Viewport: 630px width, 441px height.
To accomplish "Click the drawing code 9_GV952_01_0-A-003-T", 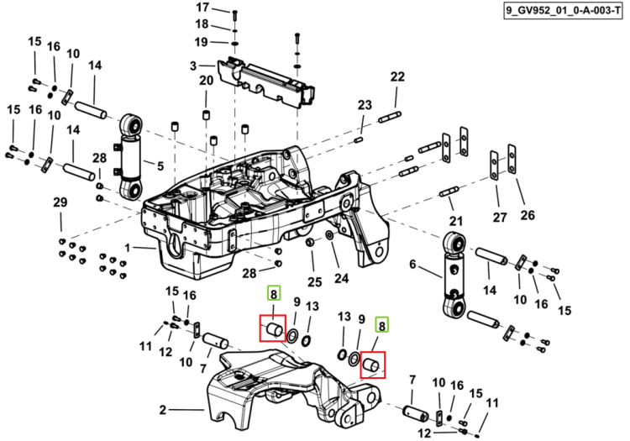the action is click(563, 11).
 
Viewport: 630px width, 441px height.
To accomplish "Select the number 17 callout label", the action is click(202, 8).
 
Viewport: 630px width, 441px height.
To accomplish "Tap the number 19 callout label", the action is click(202, 42).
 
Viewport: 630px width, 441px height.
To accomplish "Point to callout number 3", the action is click(193, 66).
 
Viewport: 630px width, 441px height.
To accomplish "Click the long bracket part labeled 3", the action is click(266, 83).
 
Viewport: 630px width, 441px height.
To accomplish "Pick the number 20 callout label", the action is click(206, 81).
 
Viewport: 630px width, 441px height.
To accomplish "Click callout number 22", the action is click(397, 76).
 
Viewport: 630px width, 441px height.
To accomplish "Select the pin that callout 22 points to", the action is click(389, 118).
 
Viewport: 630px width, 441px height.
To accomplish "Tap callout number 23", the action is click(365, 105).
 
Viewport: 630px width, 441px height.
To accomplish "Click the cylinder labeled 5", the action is click(130, 156).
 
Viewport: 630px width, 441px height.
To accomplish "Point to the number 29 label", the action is click(60, 202).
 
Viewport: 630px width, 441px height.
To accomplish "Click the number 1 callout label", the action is click(128, 248).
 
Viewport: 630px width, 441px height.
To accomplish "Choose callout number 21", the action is click(455, 221).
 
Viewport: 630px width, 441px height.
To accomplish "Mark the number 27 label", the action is click(500, 218).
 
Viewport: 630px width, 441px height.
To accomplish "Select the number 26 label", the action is click(528, 215).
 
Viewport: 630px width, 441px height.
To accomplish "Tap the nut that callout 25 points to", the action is click(310, 242).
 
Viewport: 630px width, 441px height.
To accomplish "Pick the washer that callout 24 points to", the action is click(328, 234).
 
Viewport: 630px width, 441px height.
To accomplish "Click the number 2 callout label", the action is click(162, 410).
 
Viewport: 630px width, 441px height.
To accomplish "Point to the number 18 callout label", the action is click(202, 24).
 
